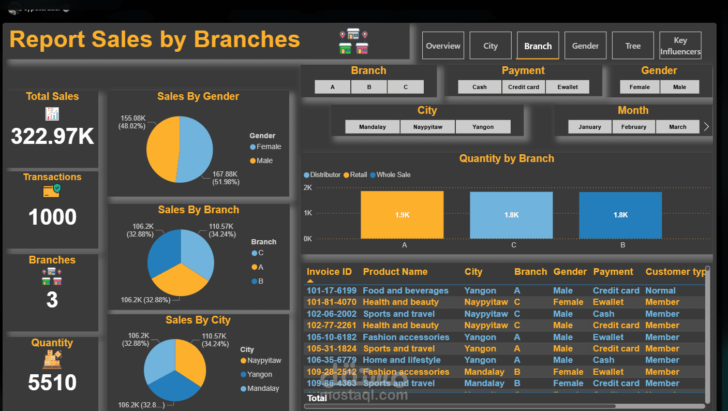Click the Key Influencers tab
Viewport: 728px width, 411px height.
point(680,46)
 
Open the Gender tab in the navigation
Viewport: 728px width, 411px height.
point(585,46)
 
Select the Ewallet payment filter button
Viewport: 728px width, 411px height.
point(568,87)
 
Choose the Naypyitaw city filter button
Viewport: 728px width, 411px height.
point(428,127)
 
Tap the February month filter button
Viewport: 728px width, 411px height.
point(634,127)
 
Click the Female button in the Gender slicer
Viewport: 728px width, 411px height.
point(640,87)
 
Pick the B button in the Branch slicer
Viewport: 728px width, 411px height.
point(369,87)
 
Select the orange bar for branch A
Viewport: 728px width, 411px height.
point(402,215)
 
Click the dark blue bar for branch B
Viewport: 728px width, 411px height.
point(620,215)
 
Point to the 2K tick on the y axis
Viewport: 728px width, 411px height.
point(307,187)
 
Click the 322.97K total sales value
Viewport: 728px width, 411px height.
point(52,137)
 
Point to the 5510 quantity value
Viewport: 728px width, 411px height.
point(52,383)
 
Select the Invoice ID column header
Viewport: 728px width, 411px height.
point(329,272)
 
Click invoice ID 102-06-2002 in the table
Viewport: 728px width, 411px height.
point(332,314)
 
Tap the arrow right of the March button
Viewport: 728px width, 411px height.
point(706,127)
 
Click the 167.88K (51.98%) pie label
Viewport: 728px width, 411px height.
point(225,178)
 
